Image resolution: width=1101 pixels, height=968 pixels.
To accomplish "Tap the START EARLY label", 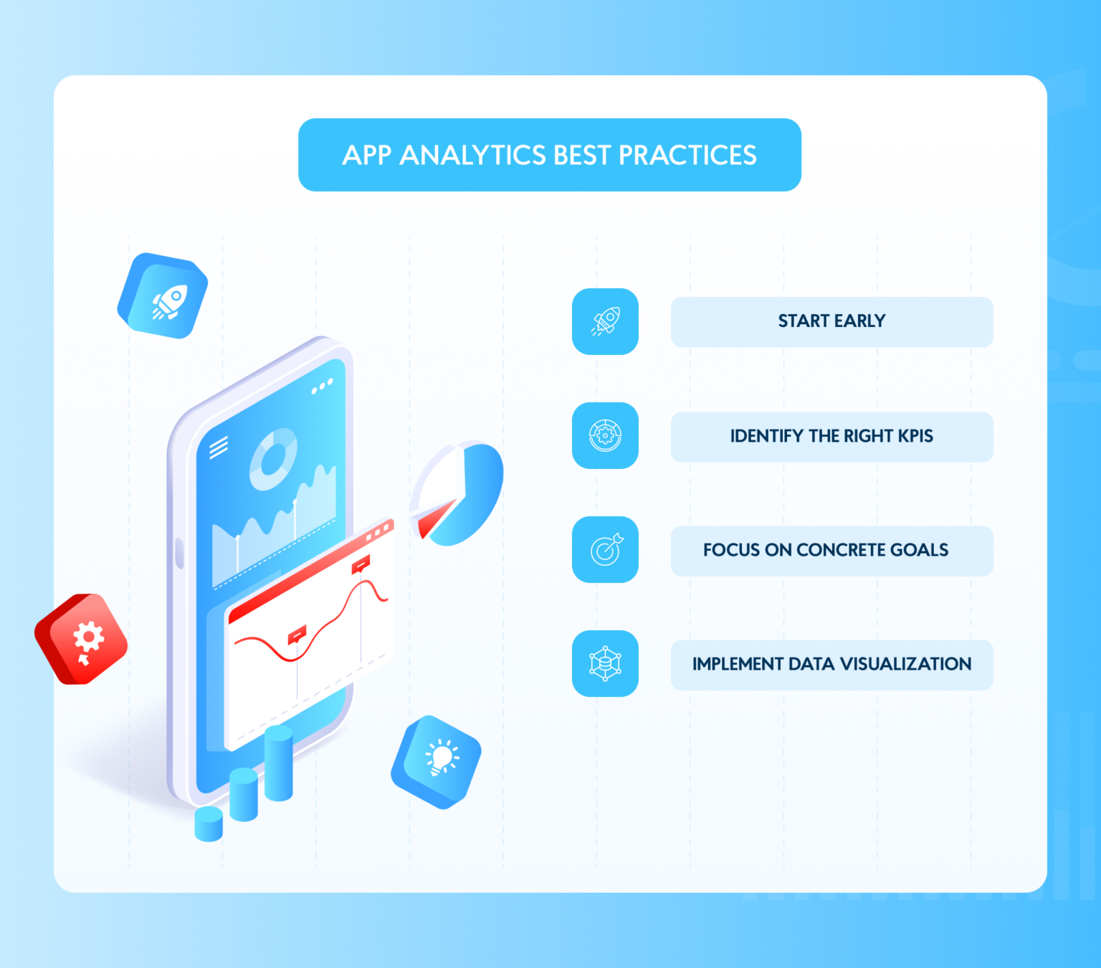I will point(831,321).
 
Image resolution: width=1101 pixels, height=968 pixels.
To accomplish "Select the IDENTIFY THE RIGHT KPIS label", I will point(831,436).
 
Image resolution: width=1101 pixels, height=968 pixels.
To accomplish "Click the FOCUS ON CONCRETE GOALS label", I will point(826,550).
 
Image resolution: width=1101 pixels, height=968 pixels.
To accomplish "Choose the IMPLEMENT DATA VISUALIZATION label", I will point(831,664).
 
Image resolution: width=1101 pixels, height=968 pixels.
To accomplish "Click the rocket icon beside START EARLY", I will point(605,321).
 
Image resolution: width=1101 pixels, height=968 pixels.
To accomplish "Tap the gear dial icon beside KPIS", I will point(605,435).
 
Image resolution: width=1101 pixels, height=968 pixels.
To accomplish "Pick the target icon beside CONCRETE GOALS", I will point(605,549).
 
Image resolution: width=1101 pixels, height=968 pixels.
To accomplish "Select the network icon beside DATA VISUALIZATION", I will point(605,663).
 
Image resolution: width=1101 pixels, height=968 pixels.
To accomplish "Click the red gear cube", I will point(82,638).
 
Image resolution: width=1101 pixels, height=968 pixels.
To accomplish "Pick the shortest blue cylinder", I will point(209,824).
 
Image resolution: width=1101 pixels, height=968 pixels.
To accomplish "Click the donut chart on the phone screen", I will point(273,459).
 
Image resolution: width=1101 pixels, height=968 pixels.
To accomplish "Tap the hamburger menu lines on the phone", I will point(219,447).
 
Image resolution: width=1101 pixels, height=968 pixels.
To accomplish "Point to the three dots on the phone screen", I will point(322,387).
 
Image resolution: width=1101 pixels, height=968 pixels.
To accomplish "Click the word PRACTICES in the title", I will point(687,156).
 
